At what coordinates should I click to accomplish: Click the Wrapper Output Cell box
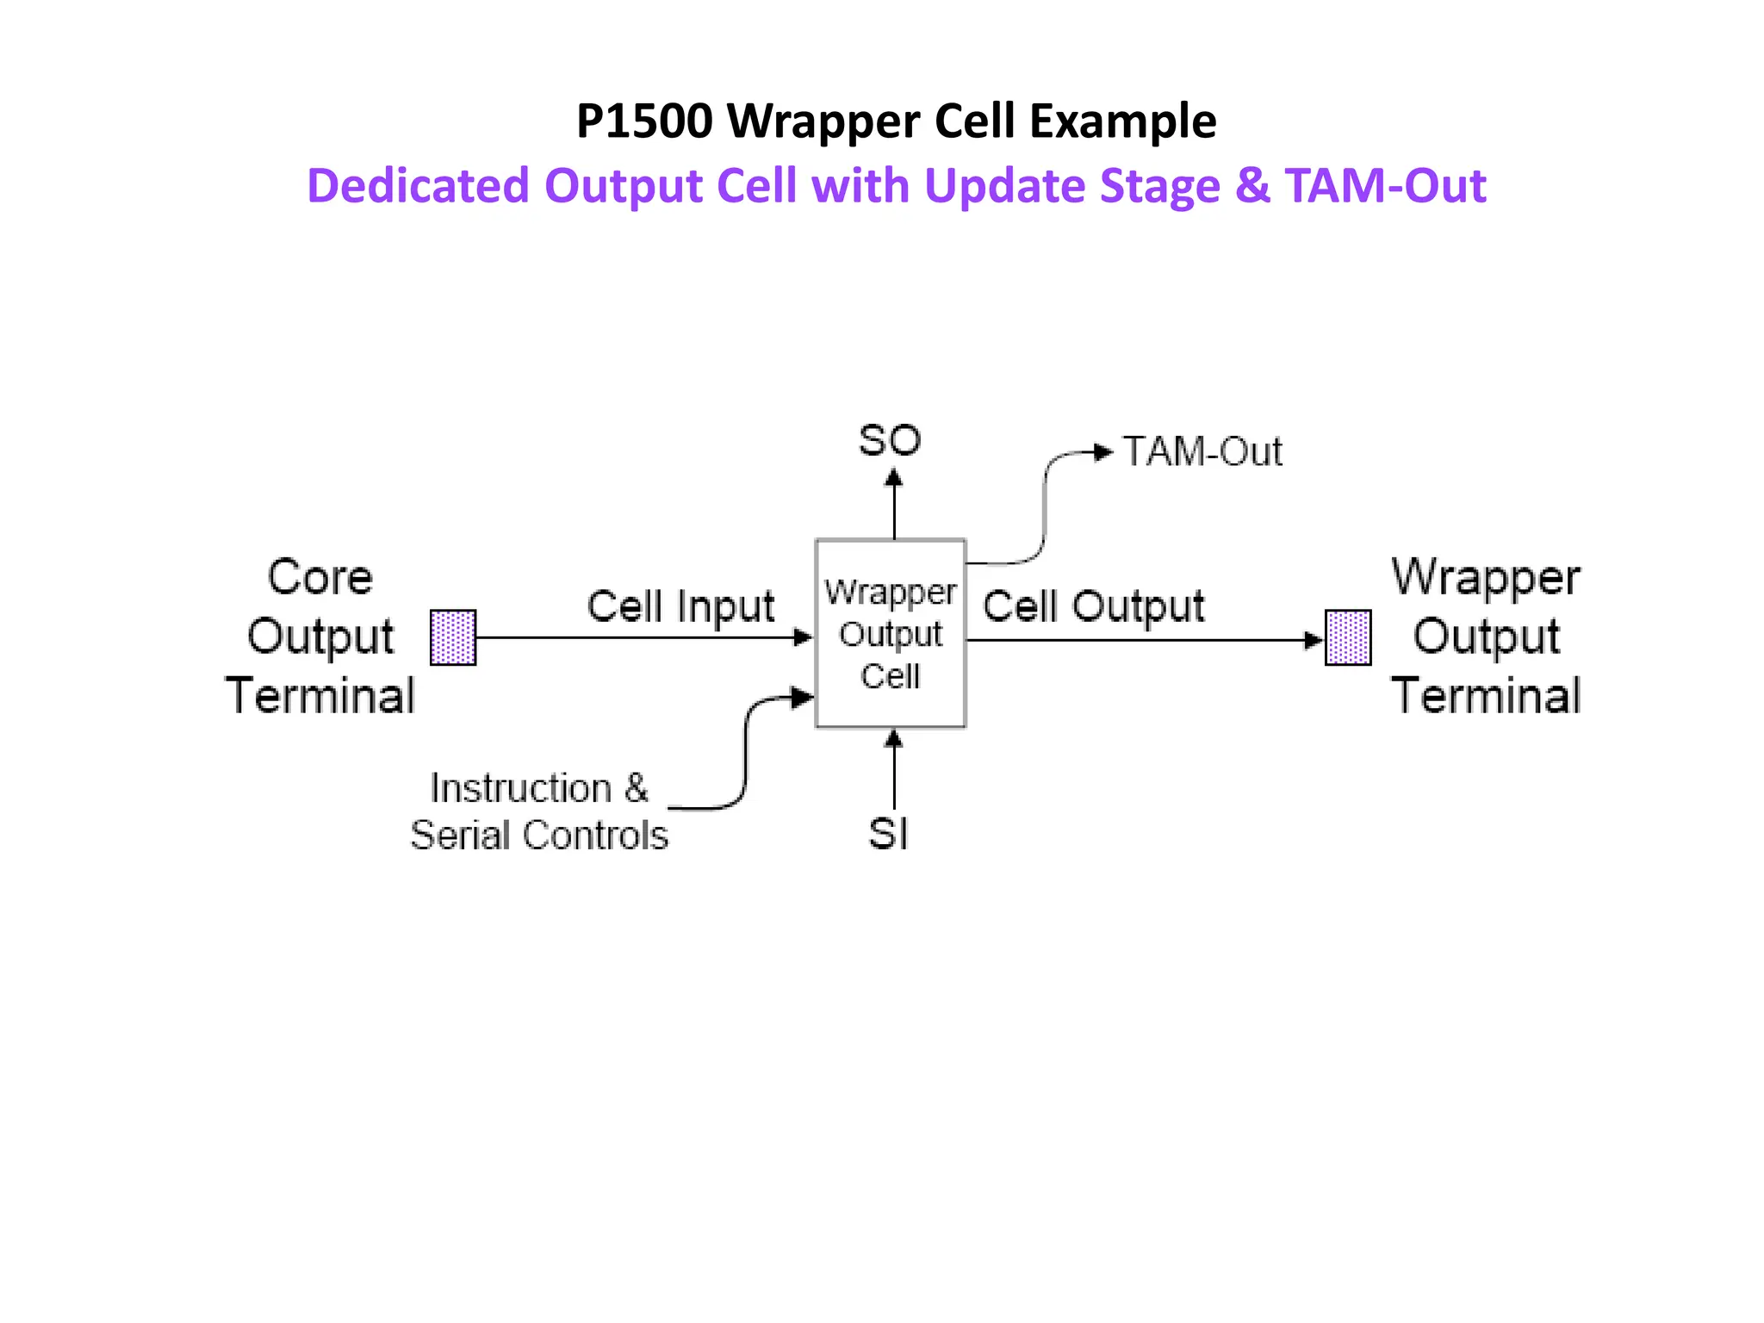tap(891, 633)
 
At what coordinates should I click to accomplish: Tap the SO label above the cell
tap(890, 441)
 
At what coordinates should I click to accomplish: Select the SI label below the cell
tap(888, 834)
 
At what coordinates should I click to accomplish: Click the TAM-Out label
tap(1203, 452)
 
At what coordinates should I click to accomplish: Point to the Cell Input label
tap(680, 606)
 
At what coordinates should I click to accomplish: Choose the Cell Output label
tap(1093, 606)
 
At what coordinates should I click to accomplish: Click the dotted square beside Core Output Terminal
tap(453, 637)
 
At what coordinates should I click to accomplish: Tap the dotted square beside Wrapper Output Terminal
tap(1348, 637)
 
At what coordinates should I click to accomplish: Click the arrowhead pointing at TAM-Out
tap(1103, 452)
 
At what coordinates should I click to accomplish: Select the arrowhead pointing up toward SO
tap(894, 477)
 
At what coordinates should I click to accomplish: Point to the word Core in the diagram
tap(320, 577)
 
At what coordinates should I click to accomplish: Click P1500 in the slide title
tap(644, 121)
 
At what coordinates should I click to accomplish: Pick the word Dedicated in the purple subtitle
tap(418, 186)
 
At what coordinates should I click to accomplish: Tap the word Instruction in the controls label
tap(520, 788)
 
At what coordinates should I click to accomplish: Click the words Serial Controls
tap(539, 835)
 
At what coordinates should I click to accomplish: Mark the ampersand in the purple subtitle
tap(1252, 186)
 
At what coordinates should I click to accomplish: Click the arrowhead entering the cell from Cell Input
tap(804, 637)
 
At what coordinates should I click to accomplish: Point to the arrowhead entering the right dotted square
tap(1314, 640)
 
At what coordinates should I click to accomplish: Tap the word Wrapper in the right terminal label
tap(1486, 577)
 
